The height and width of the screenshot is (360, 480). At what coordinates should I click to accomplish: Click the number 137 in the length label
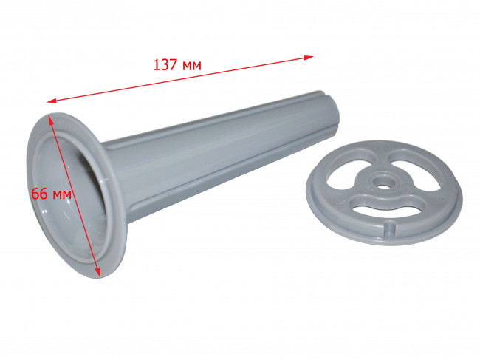point(165,65)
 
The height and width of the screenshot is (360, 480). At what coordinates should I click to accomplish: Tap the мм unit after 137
point(192,66)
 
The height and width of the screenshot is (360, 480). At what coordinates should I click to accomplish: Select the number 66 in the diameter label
point(39,194)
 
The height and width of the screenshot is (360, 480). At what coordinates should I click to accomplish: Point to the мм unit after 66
point(62,195)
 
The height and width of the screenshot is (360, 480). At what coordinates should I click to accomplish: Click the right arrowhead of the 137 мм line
point(309,58)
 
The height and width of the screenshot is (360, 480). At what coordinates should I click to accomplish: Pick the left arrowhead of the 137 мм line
point(52,101)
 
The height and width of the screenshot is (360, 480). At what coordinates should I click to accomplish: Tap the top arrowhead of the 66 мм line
point(51,120)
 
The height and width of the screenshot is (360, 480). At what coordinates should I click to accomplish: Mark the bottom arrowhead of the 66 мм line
point(97,272)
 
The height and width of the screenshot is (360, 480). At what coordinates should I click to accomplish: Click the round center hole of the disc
point(382,186)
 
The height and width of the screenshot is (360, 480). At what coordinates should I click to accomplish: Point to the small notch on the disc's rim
point(389,227)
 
